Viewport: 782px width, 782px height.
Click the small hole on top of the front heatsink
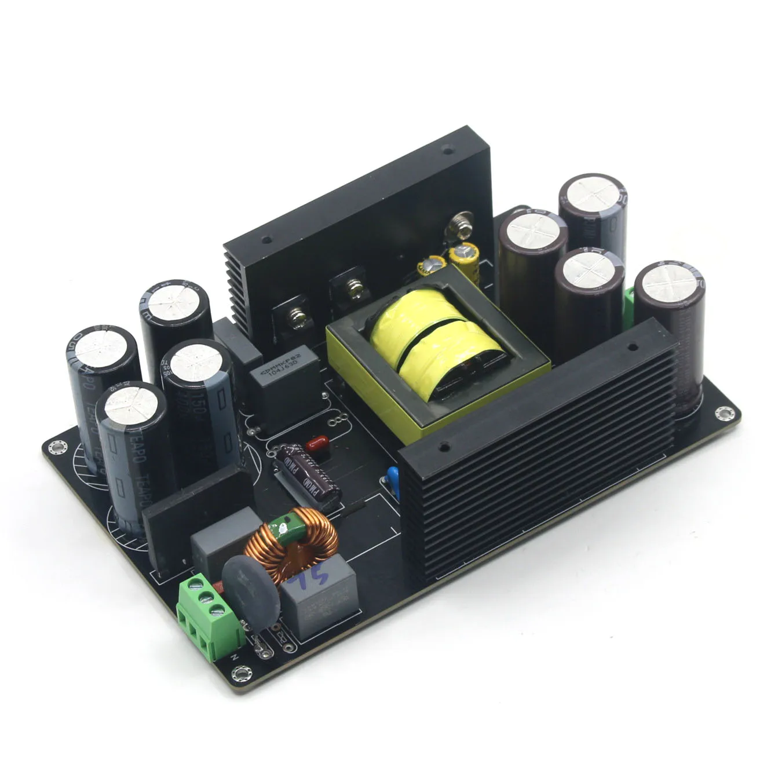(x=443, y=447)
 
